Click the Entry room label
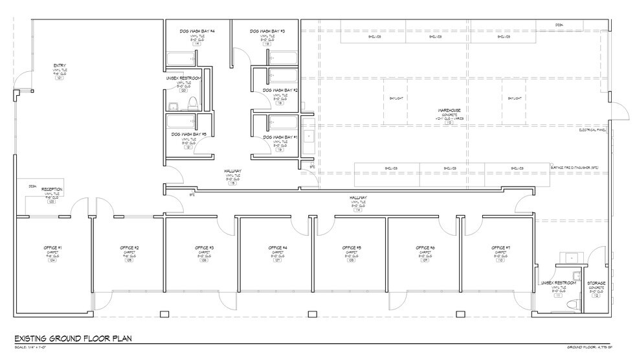(x=60, y=65)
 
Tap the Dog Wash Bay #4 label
(x=197, y=31)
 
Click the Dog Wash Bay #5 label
(x=188, y=135)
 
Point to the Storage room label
(x=596, y=284)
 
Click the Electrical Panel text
(x=592, y=130)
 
